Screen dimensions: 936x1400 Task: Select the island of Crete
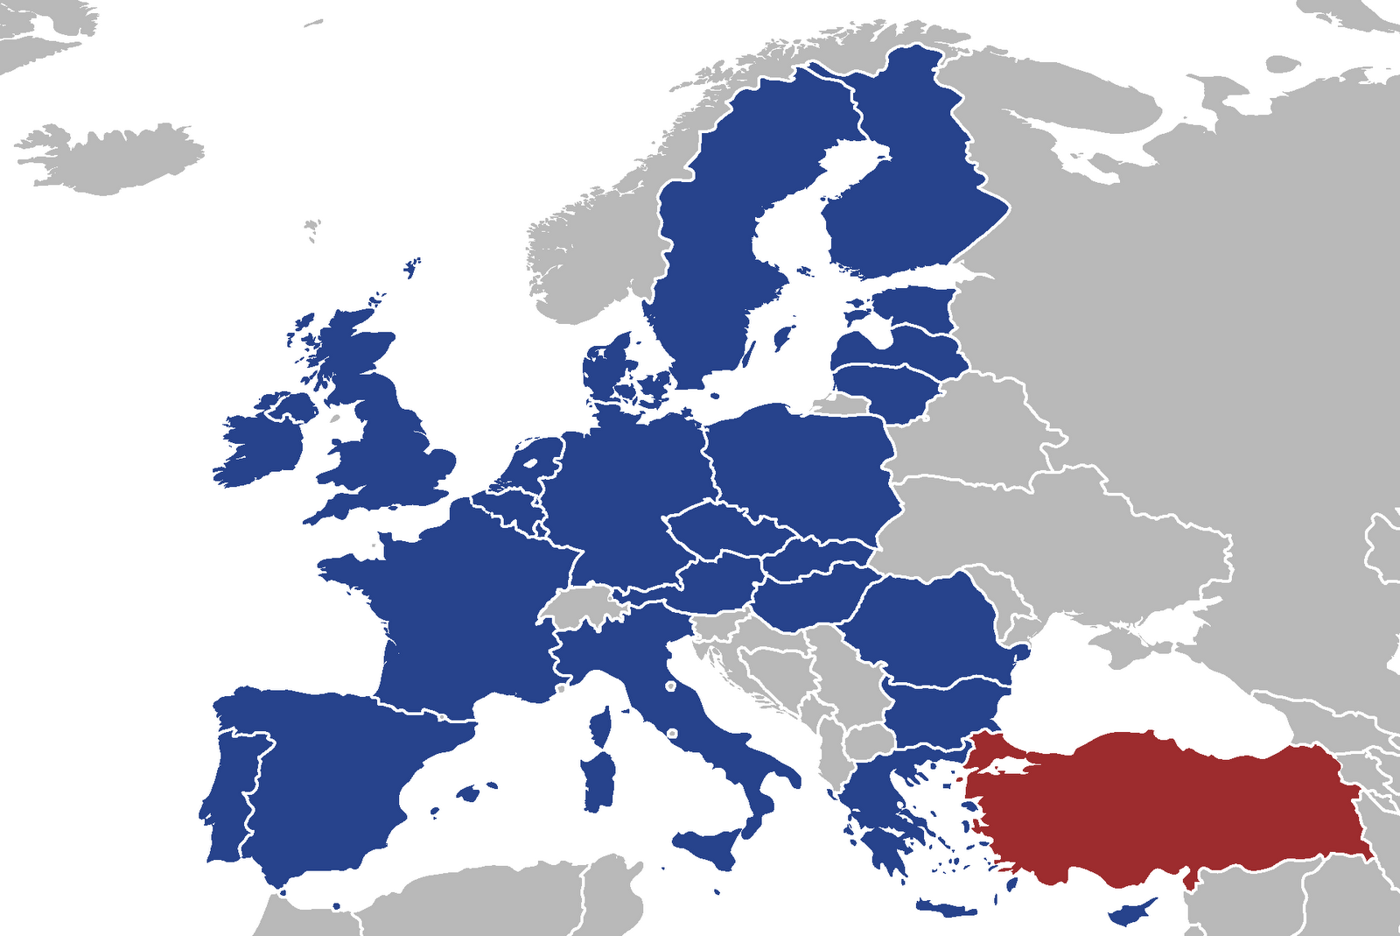(945, 909)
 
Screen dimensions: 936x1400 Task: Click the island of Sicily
(709, 845)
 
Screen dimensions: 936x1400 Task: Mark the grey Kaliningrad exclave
(836, 405)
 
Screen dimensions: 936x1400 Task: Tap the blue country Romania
(927, 622)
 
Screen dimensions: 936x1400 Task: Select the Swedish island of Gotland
(782, 336)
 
